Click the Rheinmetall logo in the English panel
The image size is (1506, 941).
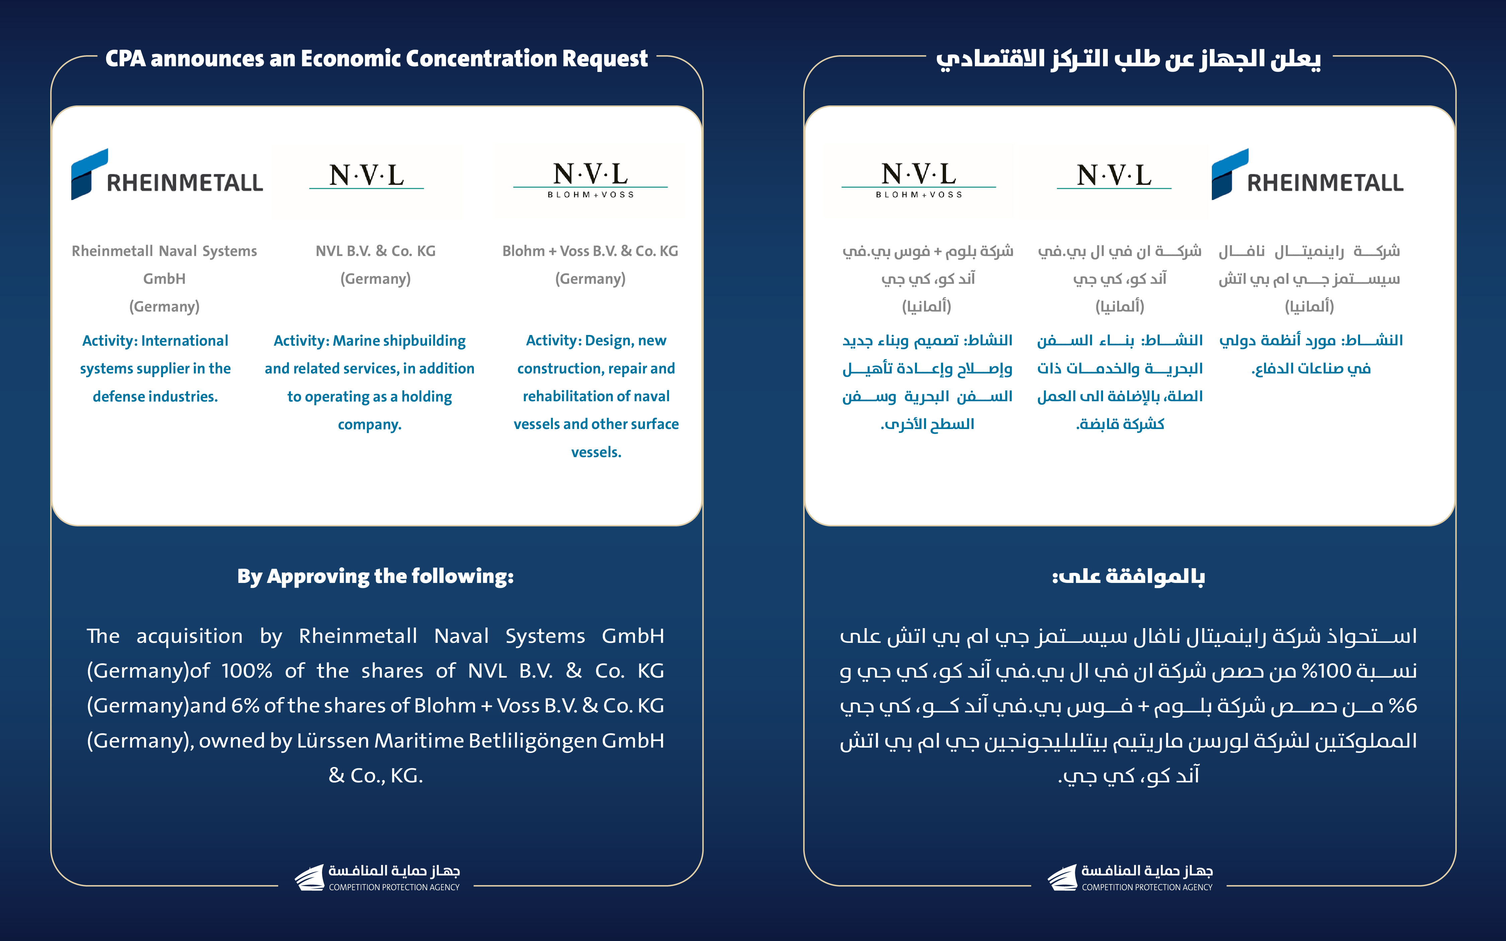click(x=167, y=175)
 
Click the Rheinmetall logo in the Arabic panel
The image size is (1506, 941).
click(x=1307, y=175)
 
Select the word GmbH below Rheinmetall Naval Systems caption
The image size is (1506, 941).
click(x=164, y=279)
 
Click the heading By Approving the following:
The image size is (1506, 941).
click(x=375, y=576)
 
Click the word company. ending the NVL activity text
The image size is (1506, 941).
click(x=370, y=424)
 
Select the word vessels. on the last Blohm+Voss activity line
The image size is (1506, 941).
click(x=596, y=452)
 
